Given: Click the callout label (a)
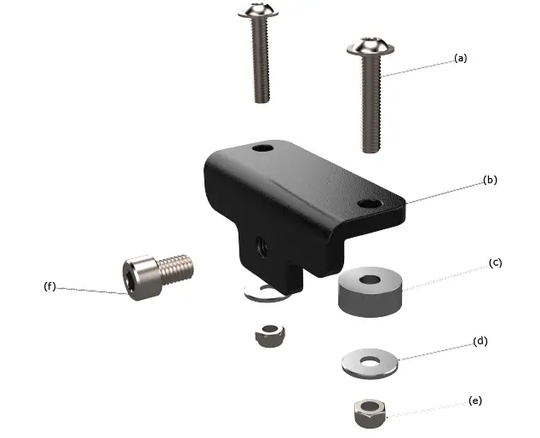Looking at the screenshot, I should (x=461, y=58).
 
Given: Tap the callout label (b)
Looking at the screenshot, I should (x=490, y=180).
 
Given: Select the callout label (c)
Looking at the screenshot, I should (x=495, y=262).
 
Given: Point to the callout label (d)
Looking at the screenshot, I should (x=480, y=341).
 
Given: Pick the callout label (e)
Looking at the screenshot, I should (x=474, y=400).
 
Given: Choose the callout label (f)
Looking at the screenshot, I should (x=49, y=286).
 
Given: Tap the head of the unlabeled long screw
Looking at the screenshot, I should (x=257, y=11).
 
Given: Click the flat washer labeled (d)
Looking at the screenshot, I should (x=371, y=362).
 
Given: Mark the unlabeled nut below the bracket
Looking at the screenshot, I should (x=270, y=333).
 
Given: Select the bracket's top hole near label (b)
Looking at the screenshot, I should (x=369, y=205).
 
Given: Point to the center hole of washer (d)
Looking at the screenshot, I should (x=371, y=360).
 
